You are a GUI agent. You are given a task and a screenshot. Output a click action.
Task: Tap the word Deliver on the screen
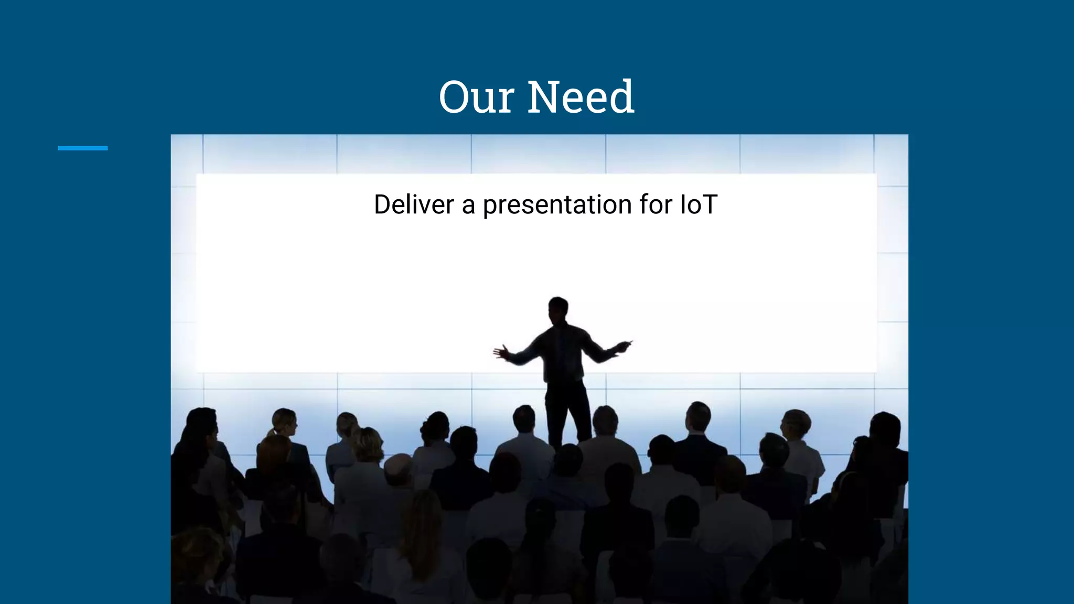pos(414,204)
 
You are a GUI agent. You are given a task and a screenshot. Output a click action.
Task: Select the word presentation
pos(557,206)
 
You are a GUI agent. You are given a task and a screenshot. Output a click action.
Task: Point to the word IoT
pos(698,204)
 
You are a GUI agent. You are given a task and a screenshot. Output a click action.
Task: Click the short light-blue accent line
pos(82,148)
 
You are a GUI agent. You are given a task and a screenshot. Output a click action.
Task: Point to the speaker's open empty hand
pos(501,352)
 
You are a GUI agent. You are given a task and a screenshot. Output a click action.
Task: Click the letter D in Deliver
pos(383,204)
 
